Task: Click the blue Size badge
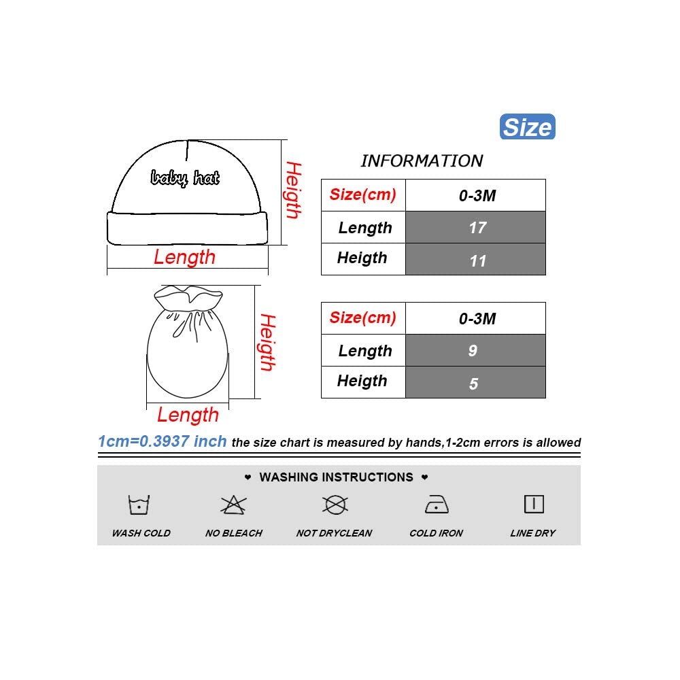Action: pos(528,127)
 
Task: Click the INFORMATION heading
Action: pos(422,161)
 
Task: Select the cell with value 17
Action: pos(476,227)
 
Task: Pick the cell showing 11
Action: pos(476,259)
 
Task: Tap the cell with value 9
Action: pos(476,350)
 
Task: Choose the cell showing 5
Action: pos(476,382)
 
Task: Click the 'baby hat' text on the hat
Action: pos(185,178)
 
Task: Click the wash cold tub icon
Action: pos(139,505)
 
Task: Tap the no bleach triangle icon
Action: pos(233,505)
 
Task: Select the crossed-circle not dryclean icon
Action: pos(335,505)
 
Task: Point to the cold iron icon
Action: pos(436,505)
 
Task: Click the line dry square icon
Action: pos(534,504)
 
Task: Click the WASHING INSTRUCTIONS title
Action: pos(337,477)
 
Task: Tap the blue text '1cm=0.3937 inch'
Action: pos(162,441)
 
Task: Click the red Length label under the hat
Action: pos(184,257)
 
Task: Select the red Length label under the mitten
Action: pos(188,415)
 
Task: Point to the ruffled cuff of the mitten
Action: pos(189,298)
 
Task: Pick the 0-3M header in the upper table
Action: pos(476,196)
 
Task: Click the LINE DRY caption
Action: pos(533,533)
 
